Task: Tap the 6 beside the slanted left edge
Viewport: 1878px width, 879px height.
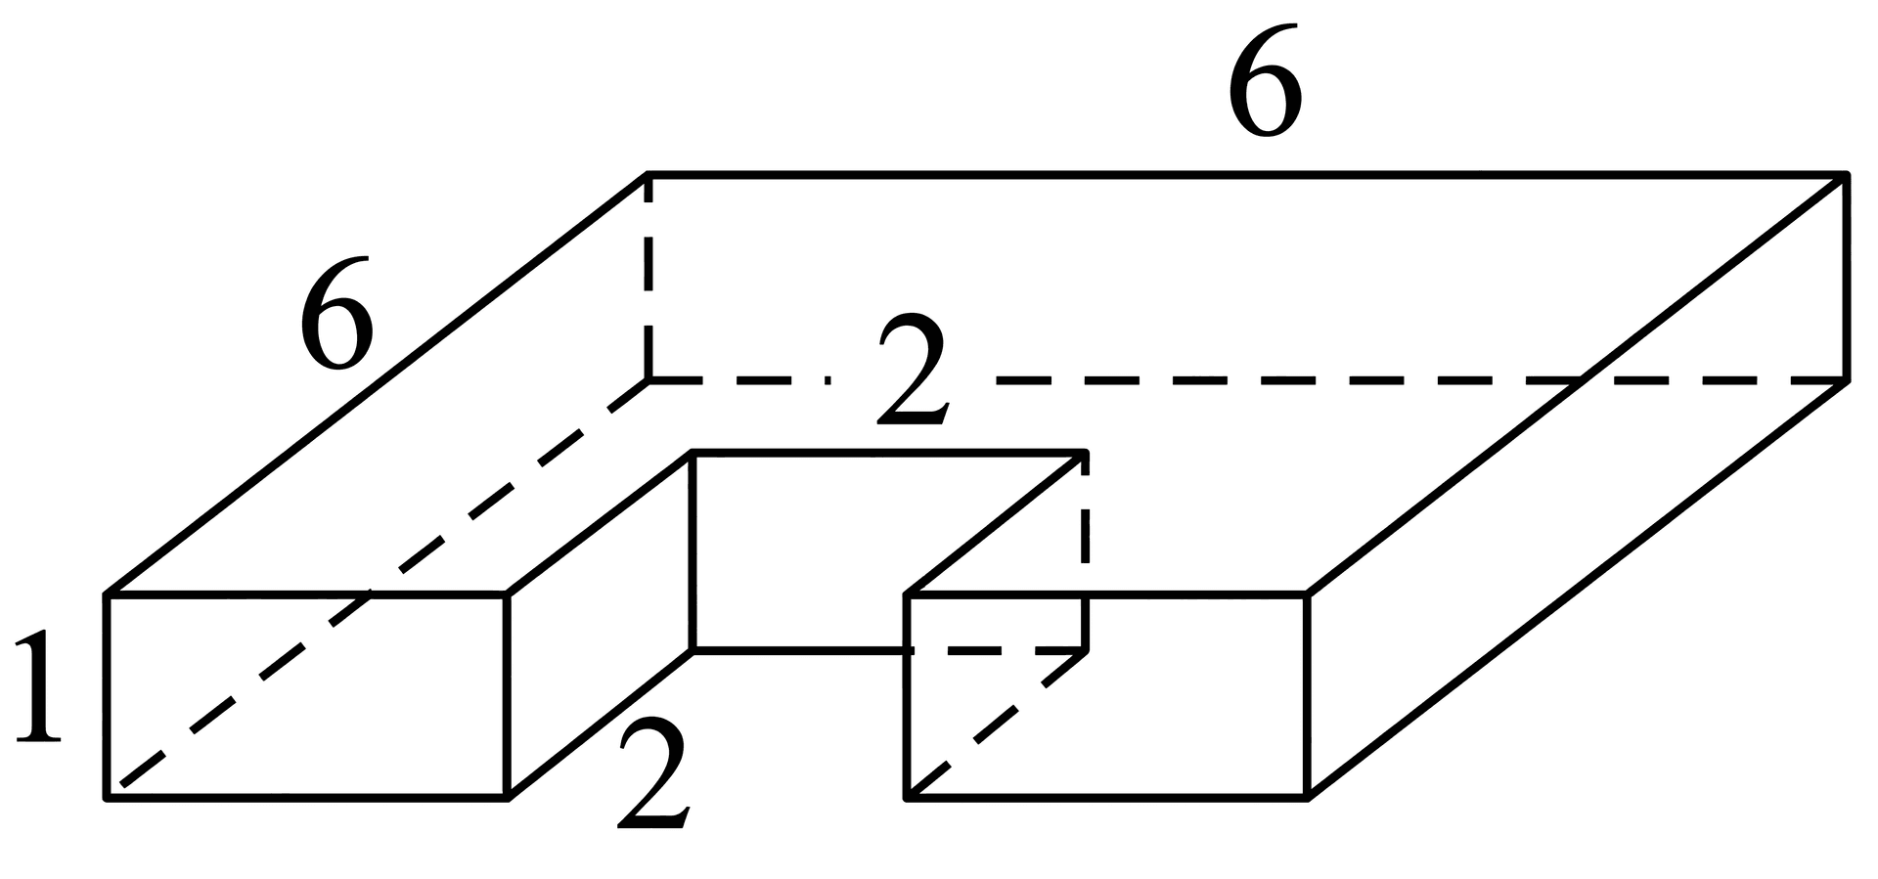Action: pos(336,313)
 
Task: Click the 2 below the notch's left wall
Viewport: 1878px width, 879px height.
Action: pos(653,772)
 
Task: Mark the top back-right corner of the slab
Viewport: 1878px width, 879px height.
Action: pos(1846,175)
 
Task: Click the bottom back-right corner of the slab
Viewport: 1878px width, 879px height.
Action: pos(1846,379)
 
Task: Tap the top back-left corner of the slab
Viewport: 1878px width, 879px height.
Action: pos(648,175)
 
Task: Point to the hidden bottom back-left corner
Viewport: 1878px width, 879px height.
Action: pos(648,379)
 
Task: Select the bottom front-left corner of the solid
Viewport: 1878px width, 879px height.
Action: pos(107,798)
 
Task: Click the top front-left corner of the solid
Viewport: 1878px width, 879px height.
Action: pos(107,593)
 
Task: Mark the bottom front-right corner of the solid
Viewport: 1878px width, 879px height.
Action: pos(1307,798)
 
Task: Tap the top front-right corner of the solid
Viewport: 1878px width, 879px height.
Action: pos(1307,593)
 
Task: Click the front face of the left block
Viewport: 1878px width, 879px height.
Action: pos(306,696)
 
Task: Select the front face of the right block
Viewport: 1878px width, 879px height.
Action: pos(1107,696)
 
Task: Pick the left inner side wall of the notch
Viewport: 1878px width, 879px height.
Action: pos(600,626)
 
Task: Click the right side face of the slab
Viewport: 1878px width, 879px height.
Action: pos(1576,487)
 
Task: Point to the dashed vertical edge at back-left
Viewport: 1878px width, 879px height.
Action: pos(648,278)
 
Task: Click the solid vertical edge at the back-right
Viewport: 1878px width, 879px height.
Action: pos(1846,278)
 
